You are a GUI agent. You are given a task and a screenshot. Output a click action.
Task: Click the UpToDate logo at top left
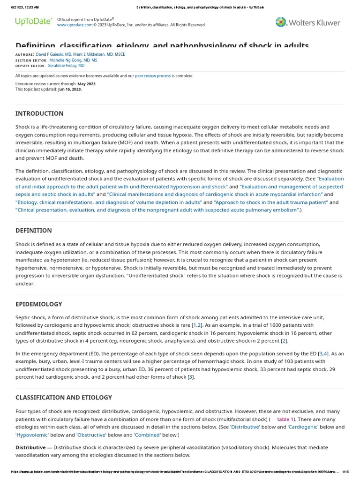[x=33, y=22]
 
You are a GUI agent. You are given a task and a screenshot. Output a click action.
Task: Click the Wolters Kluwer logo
[x=307, y=22]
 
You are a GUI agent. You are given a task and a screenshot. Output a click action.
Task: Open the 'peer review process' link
[x=153, y=76]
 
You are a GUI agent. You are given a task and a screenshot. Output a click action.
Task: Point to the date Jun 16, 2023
[x=70, y=89]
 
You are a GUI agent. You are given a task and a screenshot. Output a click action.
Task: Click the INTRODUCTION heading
[x=39, y=113]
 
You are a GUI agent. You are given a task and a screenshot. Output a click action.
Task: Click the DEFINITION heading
[x=34, y=231]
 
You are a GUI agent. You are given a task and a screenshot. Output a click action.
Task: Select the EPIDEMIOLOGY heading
[x=39, y=304]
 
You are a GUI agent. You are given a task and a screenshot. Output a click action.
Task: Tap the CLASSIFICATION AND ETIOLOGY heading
[x=64, y=397]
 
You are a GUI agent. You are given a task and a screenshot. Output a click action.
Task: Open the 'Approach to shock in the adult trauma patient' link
[x=271, y=202]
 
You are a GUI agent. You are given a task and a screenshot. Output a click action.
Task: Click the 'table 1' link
[x=285, y=419]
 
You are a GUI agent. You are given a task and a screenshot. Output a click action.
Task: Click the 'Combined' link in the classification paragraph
[x=147, y=435]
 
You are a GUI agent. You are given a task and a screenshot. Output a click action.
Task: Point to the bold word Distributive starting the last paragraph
[x=30, y=447]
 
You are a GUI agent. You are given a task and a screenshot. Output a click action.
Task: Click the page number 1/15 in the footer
[x=346, y=472]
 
